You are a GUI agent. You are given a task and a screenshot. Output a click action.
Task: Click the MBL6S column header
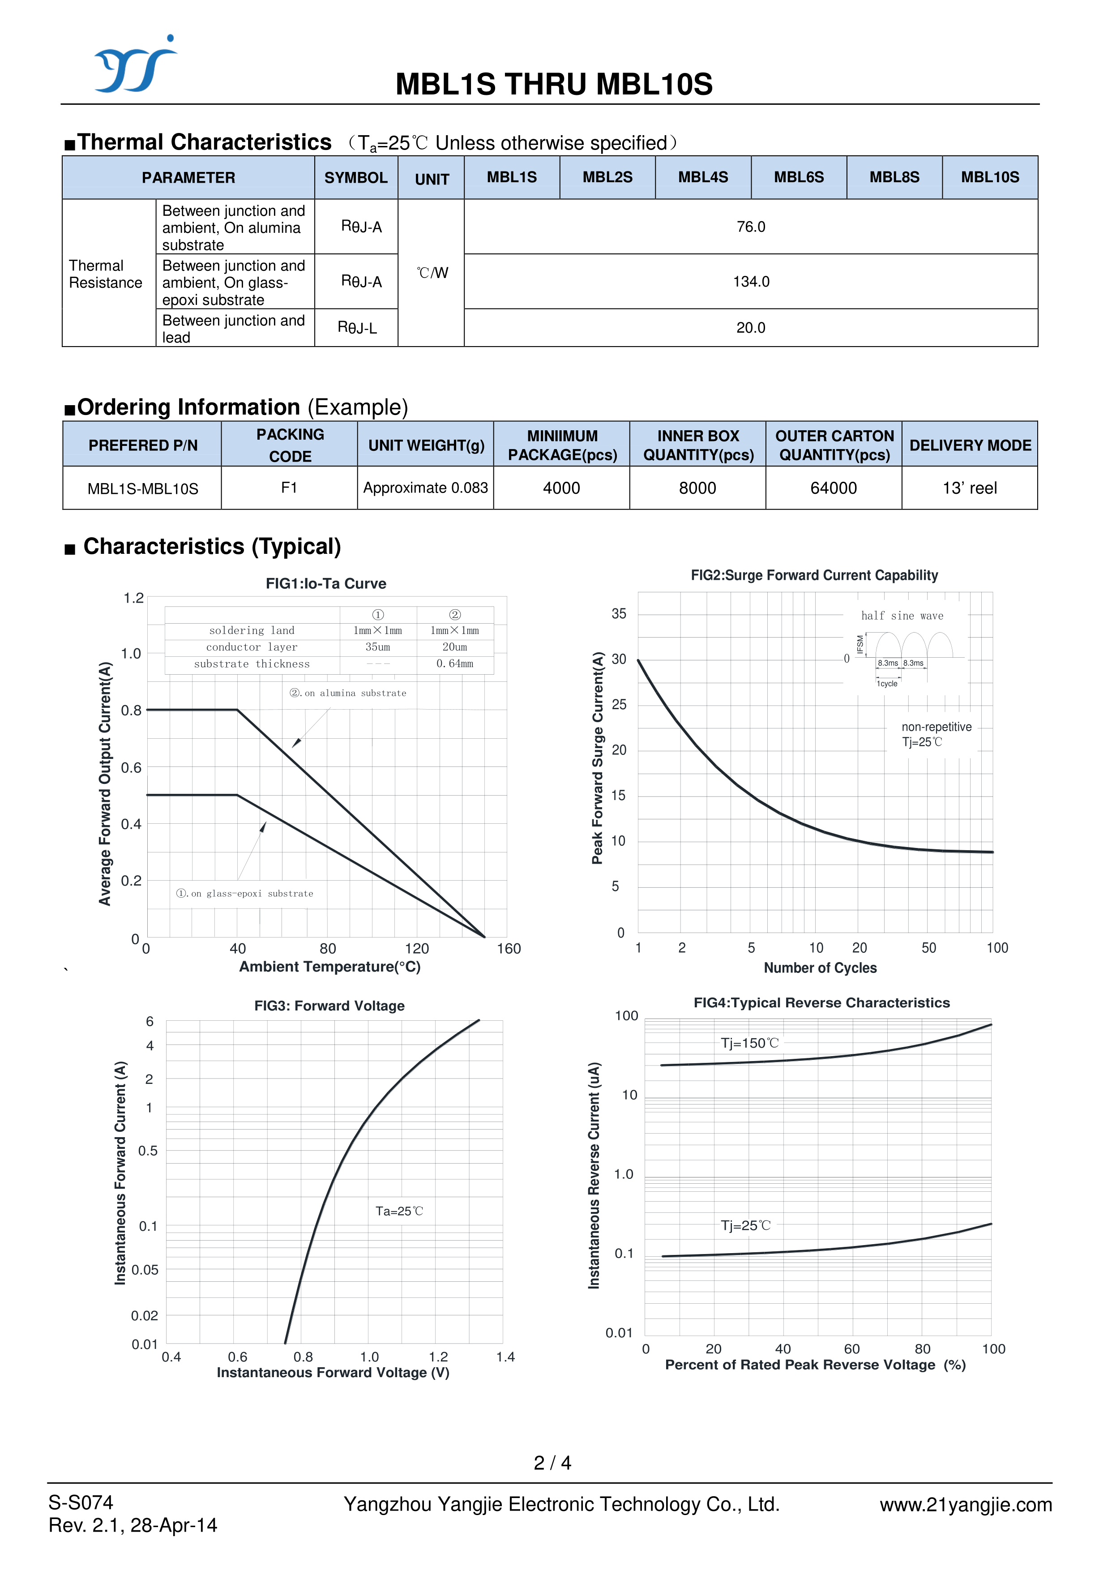798,177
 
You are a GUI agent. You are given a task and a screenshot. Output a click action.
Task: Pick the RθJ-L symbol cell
357,328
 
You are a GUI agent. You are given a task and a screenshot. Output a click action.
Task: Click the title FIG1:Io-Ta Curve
326,583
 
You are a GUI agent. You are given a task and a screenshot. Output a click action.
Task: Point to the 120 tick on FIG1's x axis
417,949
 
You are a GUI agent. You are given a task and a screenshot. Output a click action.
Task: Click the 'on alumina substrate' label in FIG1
348,693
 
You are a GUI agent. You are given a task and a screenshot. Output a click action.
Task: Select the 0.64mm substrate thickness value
455,664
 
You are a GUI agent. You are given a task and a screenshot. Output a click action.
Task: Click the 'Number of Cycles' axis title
820,967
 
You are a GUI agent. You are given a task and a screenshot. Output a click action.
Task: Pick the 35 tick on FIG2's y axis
618,614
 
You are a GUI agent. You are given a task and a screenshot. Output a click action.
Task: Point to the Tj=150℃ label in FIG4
750,1043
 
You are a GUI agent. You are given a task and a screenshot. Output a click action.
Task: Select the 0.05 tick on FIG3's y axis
145,1270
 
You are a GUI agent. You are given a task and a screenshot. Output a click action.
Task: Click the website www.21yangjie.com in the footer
966,1505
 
